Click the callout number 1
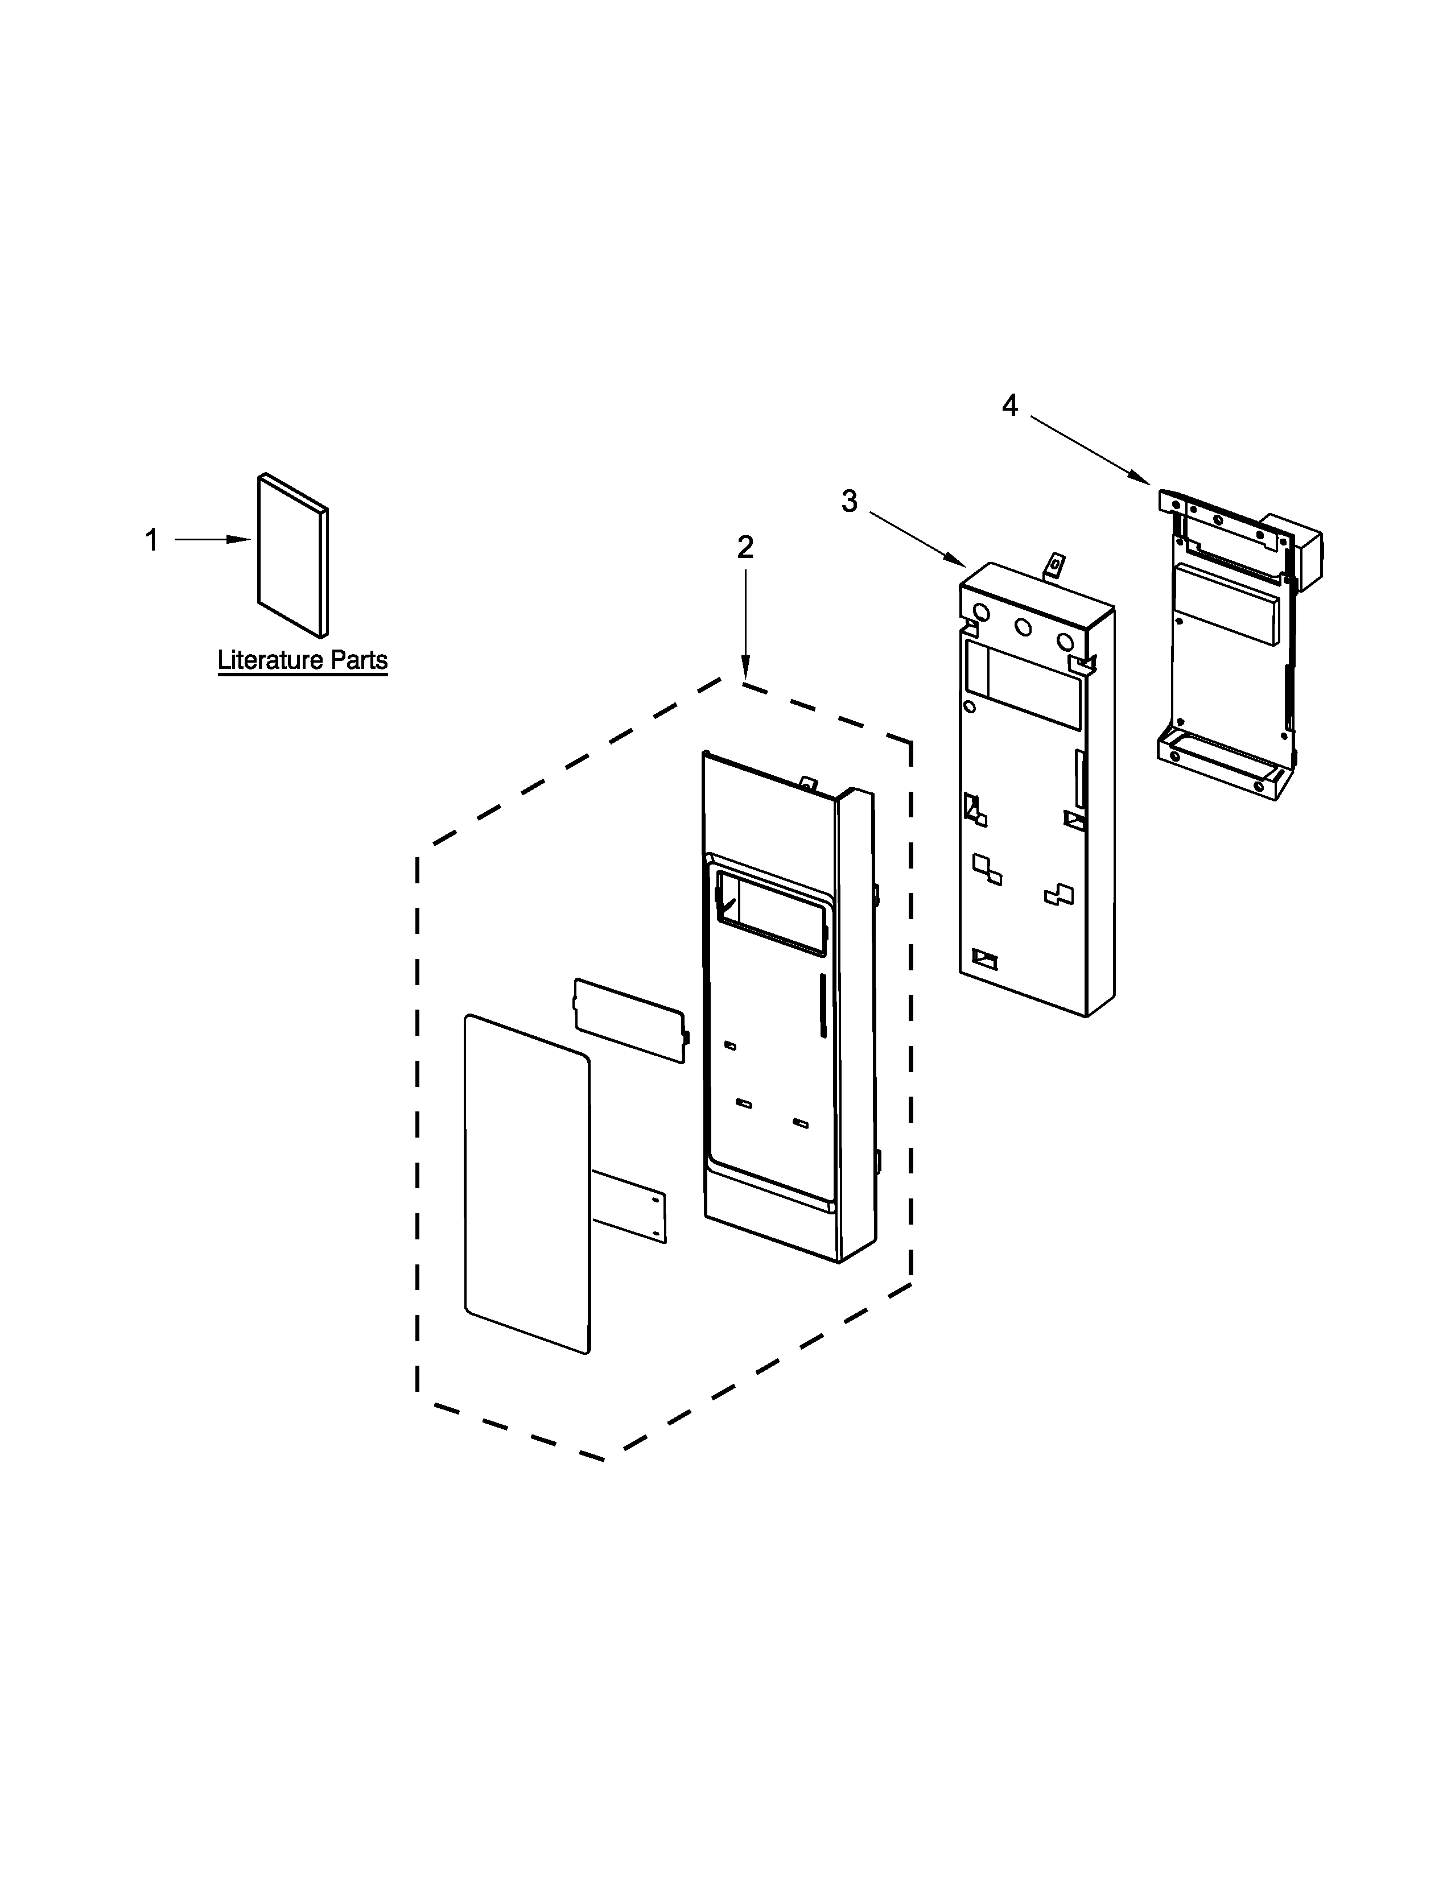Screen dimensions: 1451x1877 click(x=151, y=540)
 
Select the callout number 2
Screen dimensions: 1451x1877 click(x=745, y=547)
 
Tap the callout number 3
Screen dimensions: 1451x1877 click(x=850, y=501)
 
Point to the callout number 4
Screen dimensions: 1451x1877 click(x=1010, y=405)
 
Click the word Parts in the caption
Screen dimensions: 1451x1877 click(x=359, y=660)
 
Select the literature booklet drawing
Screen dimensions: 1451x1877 click(x=293, y=555)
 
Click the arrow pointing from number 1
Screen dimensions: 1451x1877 click(x=212, y=540)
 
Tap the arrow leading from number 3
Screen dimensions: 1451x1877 click(x=918, y=540)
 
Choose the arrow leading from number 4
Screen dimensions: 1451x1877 click(x=1091, y=449)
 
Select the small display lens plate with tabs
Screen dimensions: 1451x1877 click(x=631, y=1020)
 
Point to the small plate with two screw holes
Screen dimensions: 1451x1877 click(x=629, y=1206)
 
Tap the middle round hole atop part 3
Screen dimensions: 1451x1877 click(x=1023, y=627)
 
